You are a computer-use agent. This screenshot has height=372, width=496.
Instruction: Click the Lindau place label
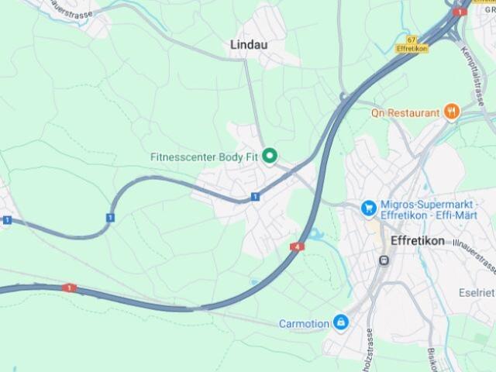coord(249,45)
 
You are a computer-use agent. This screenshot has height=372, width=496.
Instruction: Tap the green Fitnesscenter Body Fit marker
coord(270,157)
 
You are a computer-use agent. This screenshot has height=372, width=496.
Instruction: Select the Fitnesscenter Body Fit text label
coord(203,157)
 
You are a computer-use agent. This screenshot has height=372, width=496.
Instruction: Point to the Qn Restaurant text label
coord(405,113)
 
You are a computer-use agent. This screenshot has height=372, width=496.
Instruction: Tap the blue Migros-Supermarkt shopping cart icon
coord(369,208)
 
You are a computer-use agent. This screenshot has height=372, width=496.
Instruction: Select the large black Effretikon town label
coord(418,241)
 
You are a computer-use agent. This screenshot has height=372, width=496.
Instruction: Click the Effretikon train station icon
coord(384,261)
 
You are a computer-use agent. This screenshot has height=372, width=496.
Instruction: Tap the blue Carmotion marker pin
coord(340,322)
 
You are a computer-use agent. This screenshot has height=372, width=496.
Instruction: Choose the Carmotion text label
coord(303,322)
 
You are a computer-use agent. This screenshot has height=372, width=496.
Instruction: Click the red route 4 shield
coord(298,247)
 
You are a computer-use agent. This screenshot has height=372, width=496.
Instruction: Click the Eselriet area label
coord(477,292)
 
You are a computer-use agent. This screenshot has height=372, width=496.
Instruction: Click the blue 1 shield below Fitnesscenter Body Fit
coord(254,197)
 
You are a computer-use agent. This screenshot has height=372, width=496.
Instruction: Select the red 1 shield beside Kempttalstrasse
coord(460,12)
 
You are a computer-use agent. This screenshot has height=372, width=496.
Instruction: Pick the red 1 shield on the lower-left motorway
coord(70,288)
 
